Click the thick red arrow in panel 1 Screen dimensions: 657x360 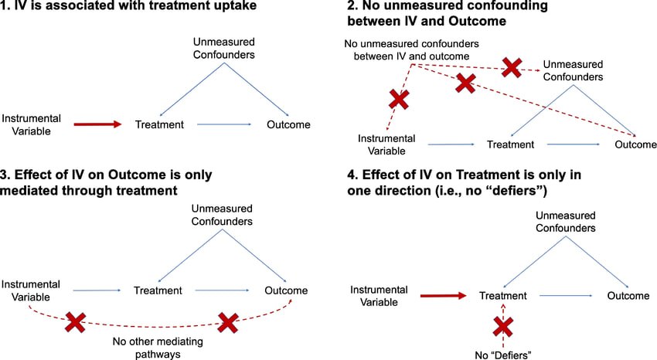point(97,124)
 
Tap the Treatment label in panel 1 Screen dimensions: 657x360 point(159,124)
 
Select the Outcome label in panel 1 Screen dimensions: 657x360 point(288,124)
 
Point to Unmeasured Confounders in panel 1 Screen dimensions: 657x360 point(223,48)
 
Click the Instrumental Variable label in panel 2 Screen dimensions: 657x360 point(386,144)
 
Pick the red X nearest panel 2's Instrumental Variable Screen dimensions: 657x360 point(399,100)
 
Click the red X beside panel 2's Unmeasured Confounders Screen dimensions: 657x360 point(512,67)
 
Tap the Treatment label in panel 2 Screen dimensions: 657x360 point(510,144)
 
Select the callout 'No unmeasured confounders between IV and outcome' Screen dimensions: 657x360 point(411,49)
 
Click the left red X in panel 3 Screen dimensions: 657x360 point(76,323)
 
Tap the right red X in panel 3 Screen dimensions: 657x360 point(228,323)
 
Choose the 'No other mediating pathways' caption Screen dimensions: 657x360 point(158,348)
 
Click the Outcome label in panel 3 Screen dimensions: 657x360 point(286,290)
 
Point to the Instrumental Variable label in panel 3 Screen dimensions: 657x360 point(31,290)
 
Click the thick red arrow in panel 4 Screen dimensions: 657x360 point(444,296)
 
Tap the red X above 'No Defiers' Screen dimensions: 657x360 point(503,327)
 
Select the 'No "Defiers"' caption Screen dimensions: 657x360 point(503,355)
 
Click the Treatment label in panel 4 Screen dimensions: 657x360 point(503,296)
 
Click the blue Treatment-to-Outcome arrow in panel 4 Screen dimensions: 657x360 point(566,296)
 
